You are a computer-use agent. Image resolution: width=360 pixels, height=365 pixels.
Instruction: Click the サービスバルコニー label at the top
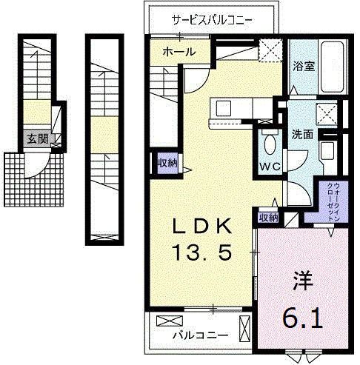tap(212, 20)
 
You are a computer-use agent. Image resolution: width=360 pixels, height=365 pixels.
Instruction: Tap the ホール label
tap(179, 52)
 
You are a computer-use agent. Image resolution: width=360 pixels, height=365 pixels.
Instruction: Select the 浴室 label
tap(303, 66)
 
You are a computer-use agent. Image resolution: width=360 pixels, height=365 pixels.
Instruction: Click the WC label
tap(269, 166)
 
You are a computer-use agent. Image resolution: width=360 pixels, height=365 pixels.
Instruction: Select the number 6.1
tap(302, 320)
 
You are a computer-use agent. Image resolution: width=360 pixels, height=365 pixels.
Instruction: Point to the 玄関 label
tap(36, 138)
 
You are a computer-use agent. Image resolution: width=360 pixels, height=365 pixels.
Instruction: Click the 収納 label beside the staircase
tap(166, 162)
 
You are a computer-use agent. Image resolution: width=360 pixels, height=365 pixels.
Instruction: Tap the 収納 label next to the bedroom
tap(268, 217)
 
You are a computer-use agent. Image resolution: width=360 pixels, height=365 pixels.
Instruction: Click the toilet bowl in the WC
tap(269, 143)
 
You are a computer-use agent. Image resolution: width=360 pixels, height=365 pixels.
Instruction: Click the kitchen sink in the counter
tap(224, 108)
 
